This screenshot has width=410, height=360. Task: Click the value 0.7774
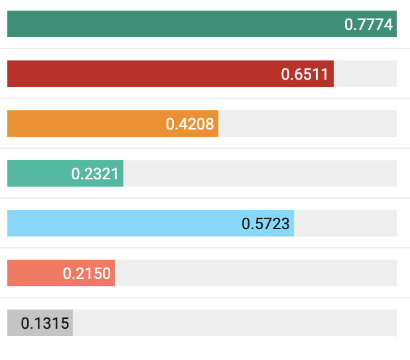(369, 25)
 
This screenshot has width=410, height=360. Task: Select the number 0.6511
(305, 74)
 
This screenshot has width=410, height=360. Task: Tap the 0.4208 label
(190, 124)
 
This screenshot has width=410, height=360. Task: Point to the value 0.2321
(95, 174)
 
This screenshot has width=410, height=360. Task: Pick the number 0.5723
(265, 224)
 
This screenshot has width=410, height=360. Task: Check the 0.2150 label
(86, 274)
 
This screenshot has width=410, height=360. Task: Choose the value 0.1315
(44, 323)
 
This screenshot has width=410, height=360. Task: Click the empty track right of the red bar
(365, 74)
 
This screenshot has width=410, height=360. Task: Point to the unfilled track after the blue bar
(345, 223)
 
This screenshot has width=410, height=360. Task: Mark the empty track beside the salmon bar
(255, 273)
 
